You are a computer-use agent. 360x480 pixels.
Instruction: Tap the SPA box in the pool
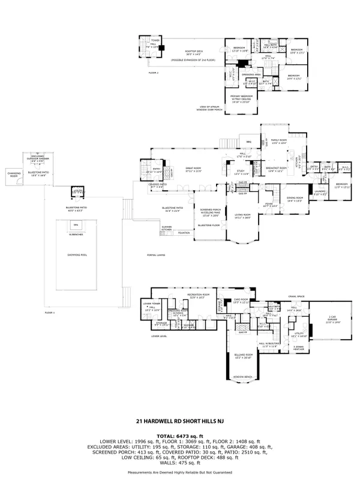[x=76, y=224]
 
